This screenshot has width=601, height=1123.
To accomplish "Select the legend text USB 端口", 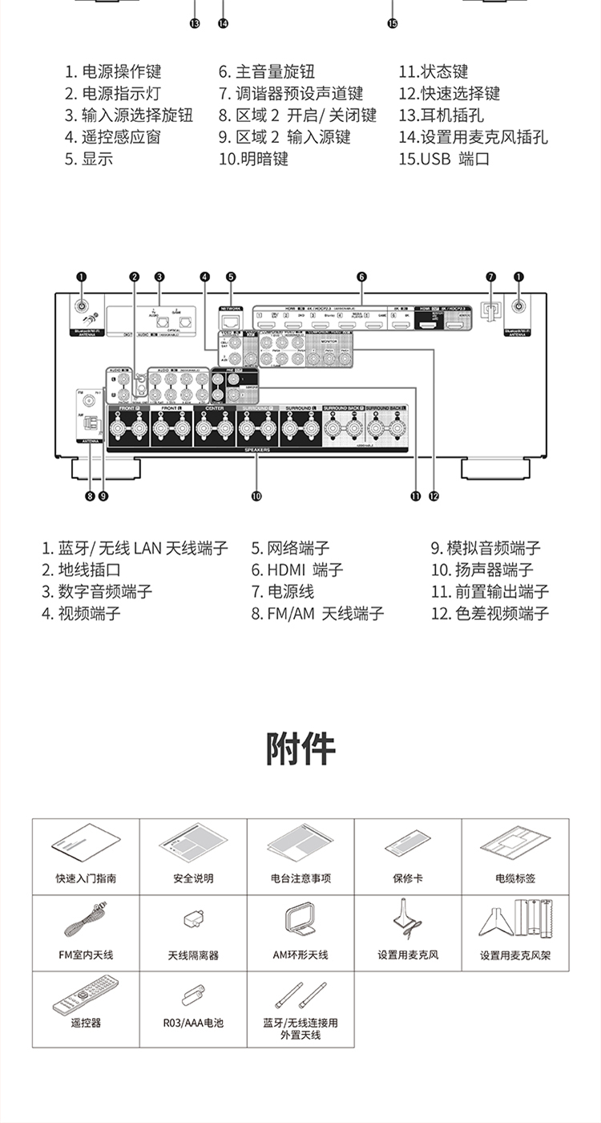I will point(444,159).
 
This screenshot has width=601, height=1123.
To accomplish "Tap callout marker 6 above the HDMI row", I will point(362,277).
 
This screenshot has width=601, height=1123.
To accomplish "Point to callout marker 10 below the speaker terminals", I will point(256,497).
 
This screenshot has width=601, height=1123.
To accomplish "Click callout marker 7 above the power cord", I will point(491,277).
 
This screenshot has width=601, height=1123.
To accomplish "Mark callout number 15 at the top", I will point(392,24).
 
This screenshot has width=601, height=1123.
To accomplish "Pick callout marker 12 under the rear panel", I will point(434,497).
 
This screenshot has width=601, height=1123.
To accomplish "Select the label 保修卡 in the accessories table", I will point(408,878).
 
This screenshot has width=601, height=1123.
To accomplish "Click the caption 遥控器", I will point(86,1023).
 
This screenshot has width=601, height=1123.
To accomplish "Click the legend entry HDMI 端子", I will point(297,570).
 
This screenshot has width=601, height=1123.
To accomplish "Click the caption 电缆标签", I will point(515,878).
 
